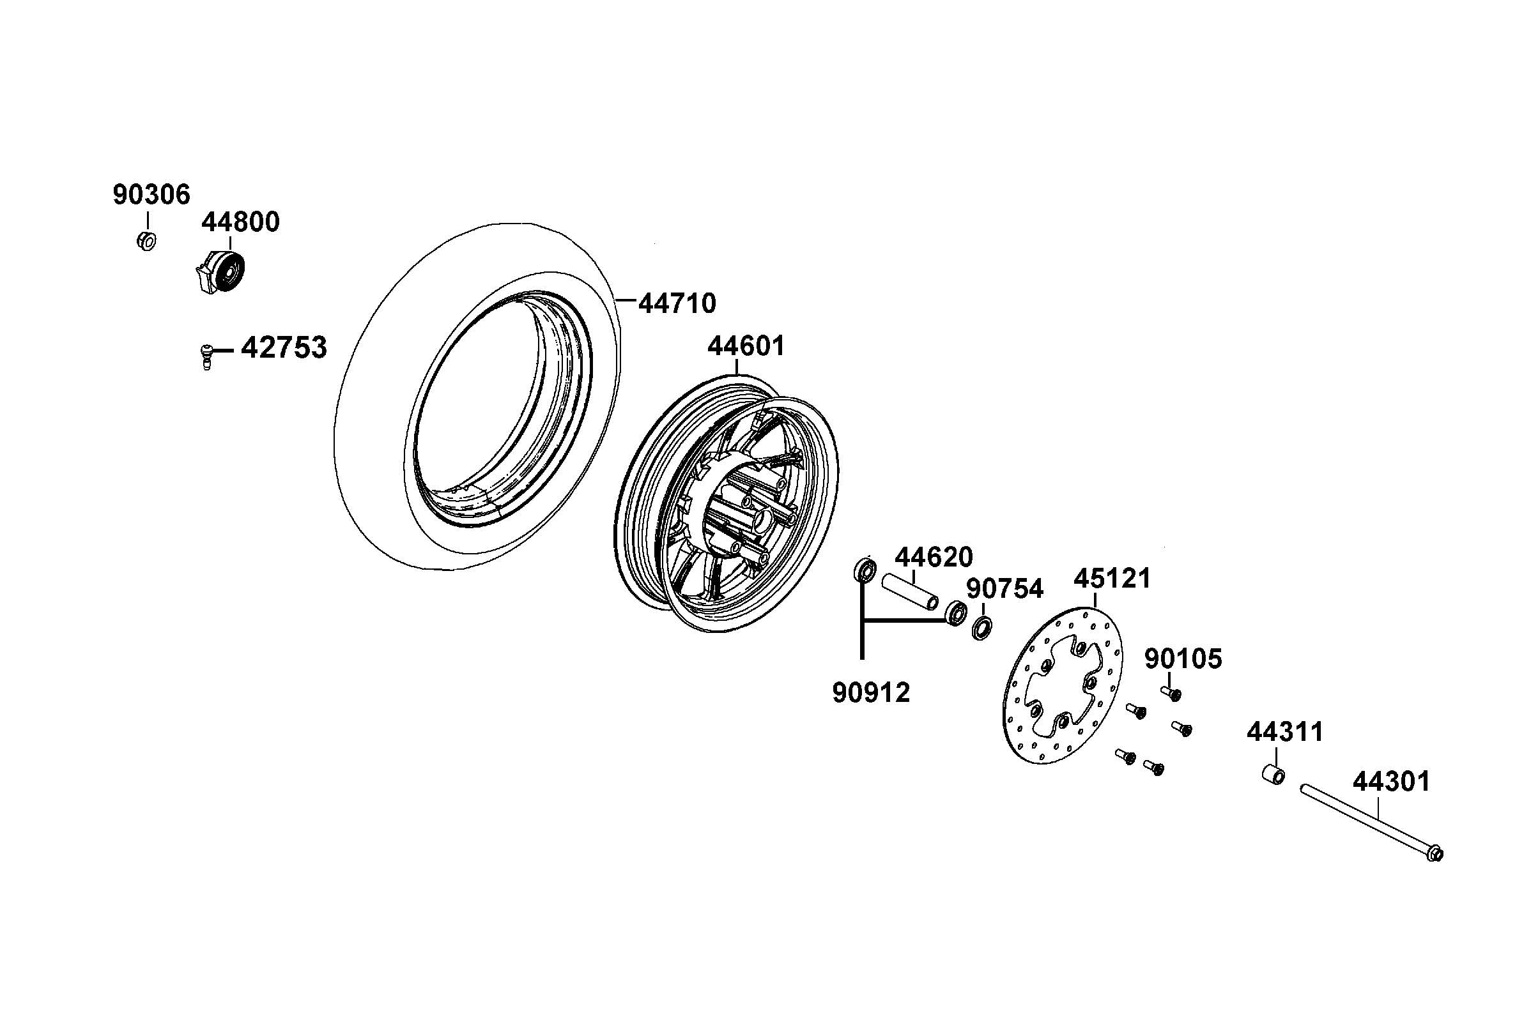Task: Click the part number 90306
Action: [151, 195]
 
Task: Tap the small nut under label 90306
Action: [147, 241]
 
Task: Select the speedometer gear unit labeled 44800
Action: [220, 272]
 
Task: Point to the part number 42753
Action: [284, 348]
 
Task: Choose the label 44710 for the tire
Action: [677, 303]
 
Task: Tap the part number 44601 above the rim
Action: [746, 346]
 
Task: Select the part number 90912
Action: [870, 693]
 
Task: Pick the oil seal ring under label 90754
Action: [982, 628]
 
